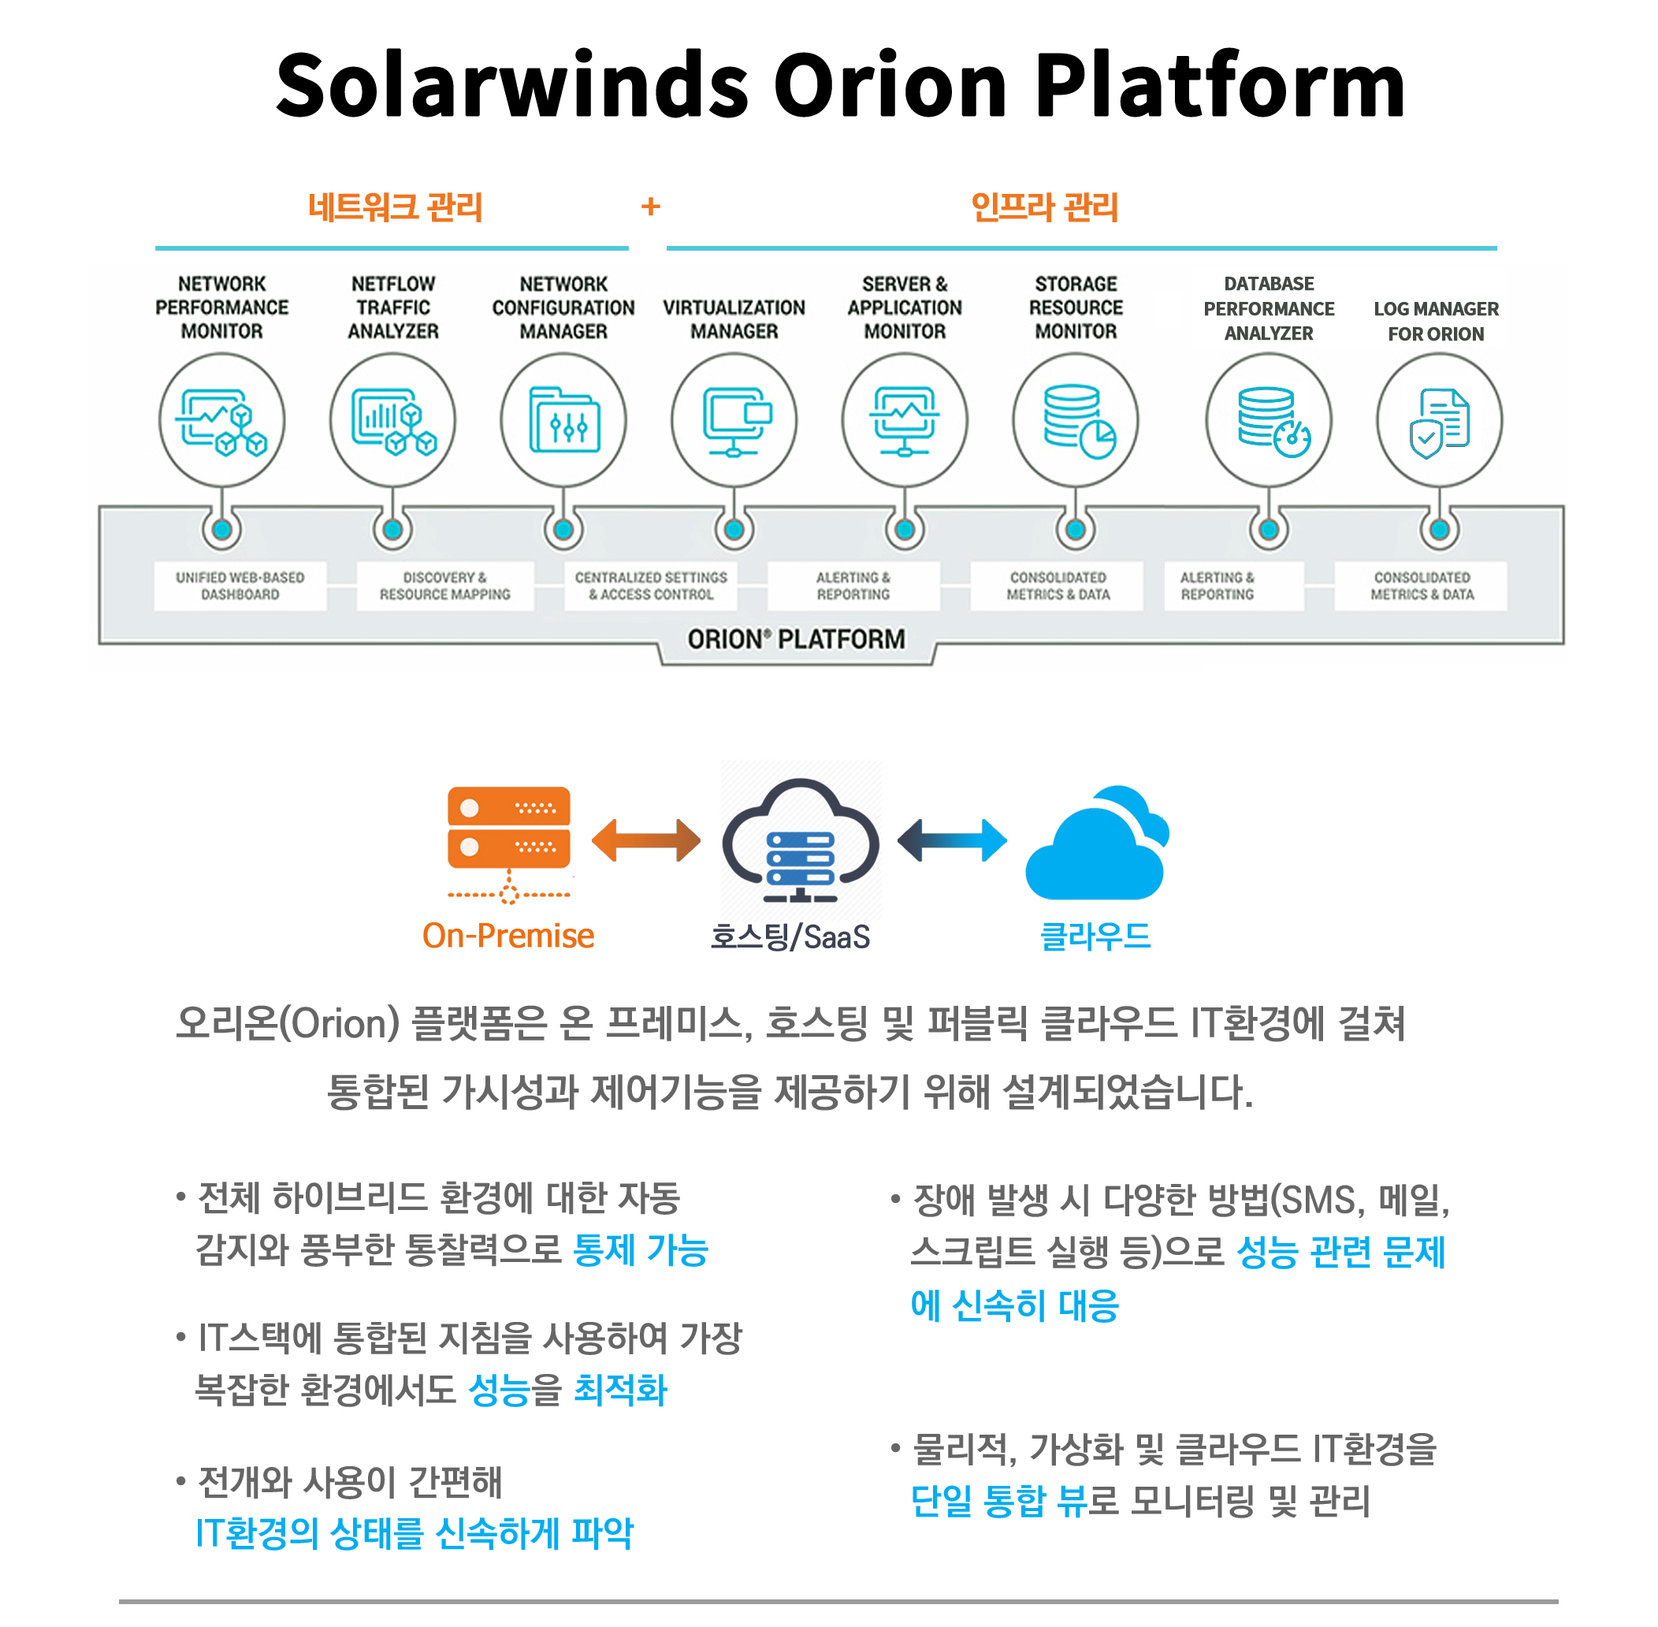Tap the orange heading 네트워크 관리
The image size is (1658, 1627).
396,207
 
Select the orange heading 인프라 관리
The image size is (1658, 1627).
1045,207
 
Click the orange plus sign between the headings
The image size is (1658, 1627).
651,206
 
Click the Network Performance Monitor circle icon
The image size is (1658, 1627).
222,420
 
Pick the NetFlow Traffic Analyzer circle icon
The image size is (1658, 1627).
393,420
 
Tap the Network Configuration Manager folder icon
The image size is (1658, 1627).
563,420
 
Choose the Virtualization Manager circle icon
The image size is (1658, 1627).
734,420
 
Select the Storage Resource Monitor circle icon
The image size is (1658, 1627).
1076,420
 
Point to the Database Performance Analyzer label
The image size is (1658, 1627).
1269,308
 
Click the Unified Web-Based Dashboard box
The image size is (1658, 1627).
240,586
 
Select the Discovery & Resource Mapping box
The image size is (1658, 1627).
445,586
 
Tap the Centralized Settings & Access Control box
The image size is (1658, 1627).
651,586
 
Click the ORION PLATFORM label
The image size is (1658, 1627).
796,639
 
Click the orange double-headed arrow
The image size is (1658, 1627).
645,841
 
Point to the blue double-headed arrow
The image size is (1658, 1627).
953,841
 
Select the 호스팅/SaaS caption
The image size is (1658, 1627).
790,937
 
